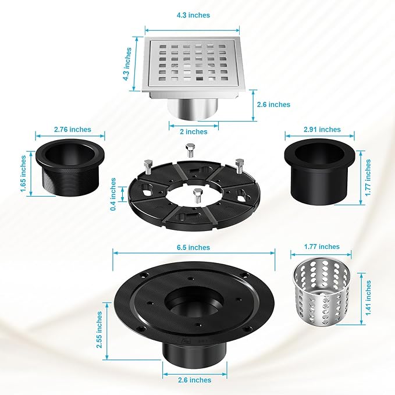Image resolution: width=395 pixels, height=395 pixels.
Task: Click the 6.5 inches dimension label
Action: point(193,247)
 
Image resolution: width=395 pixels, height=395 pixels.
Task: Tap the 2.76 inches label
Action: point(73,130)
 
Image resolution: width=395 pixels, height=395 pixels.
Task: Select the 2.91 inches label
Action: point(322,130)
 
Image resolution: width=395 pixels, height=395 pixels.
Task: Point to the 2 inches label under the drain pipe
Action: point(194,131)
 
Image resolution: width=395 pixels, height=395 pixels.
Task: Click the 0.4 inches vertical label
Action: point(113,194)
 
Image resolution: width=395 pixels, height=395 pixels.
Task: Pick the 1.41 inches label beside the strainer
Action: point(368,298)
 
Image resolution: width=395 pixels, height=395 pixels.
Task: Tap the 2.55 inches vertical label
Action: point(99,330)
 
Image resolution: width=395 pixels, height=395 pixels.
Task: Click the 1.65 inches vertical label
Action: point(23,174)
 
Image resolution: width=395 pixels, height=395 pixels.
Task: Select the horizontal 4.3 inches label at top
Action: point(193,15)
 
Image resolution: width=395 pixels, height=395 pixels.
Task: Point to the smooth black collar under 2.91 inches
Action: point(319,171)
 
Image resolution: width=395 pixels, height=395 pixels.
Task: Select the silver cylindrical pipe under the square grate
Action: point(193,109)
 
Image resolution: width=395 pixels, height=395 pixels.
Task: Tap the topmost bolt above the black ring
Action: point(190,150)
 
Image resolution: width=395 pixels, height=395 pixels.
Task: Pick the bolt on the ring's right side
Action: point(239,166)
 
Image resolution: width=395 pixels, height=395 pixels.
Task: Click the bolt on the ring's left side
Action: point(148,167)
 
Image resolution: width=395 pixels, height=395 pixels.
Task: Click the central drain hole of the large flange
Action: point(194,301)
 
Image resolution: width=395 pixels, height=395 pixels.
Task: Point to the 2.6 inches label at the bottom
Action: point(194,380)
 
